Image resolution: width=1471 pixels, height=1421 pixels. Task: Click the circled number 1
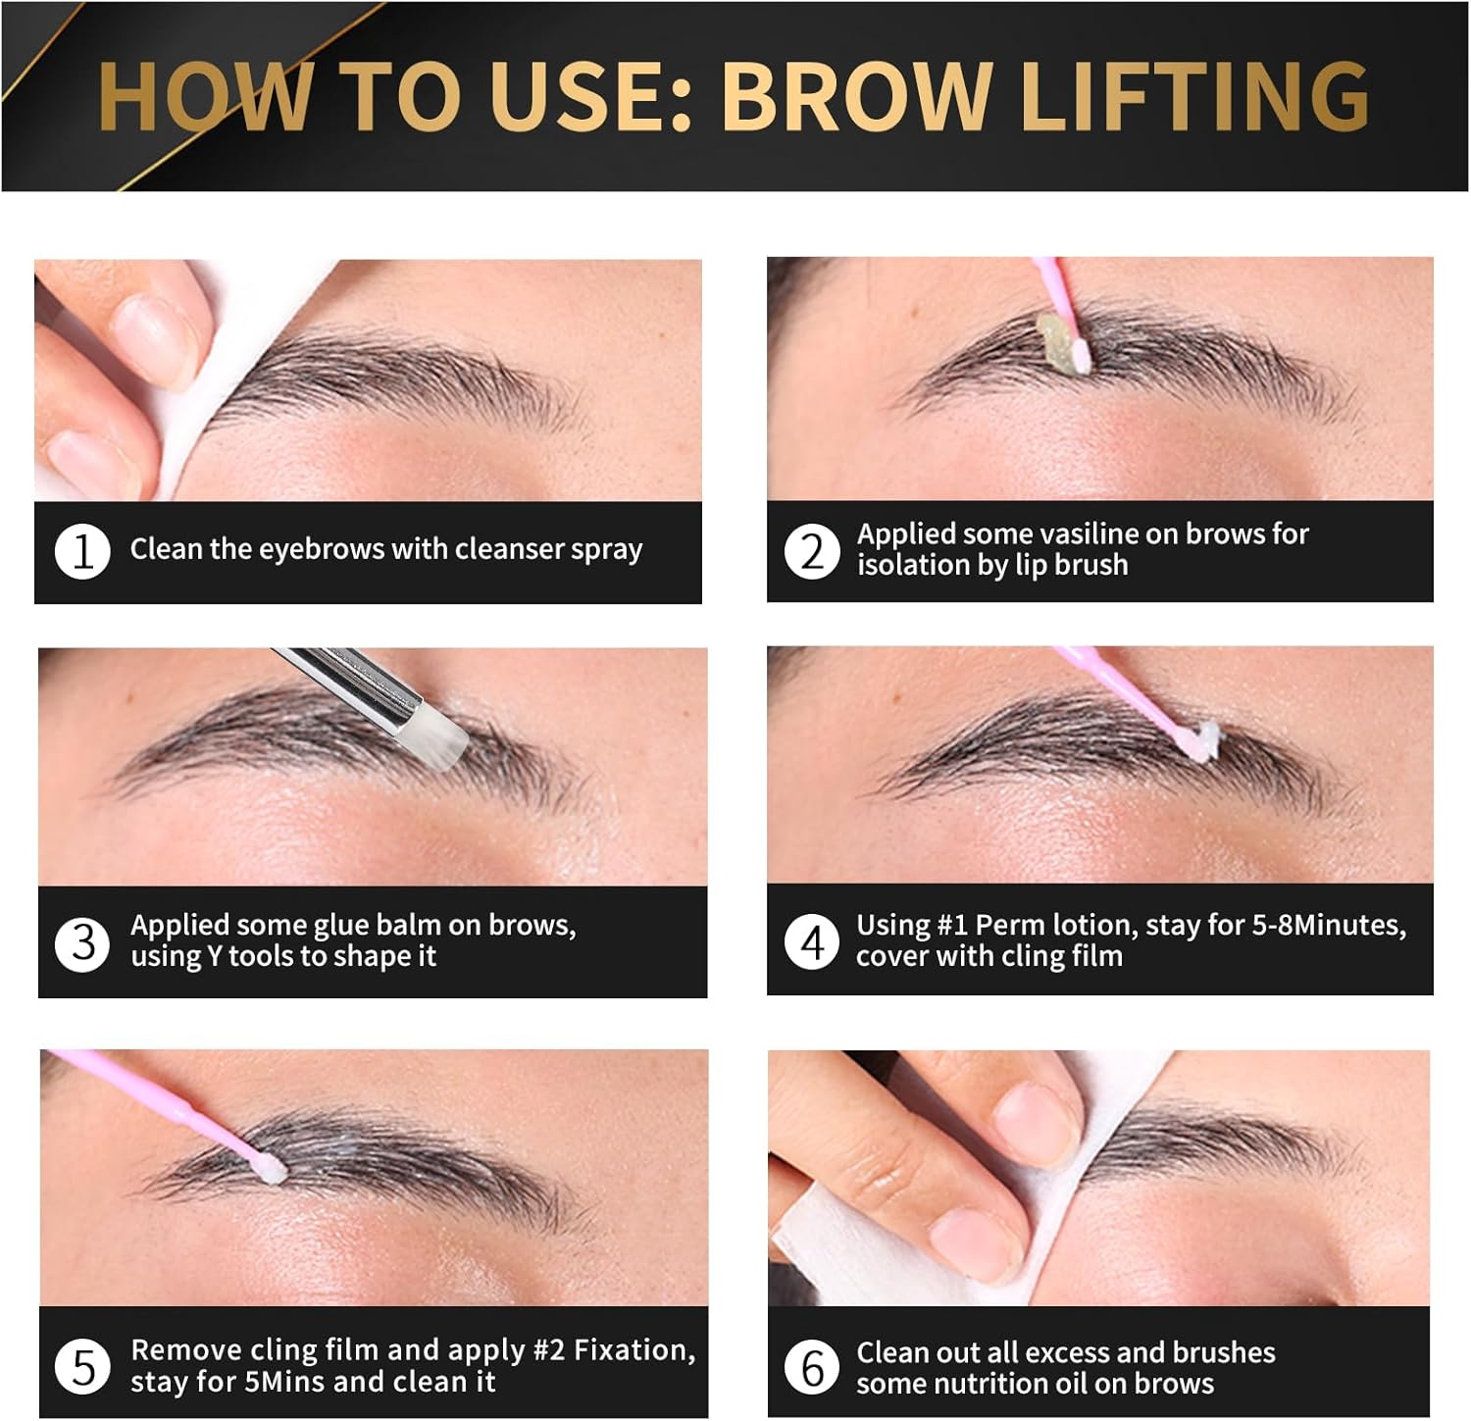tap(82, 550)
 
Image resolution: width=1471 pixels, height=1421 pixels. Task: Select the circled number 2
tap(812, 551)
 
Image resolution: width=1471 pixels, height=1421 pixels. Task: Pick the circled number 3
tap(82, 942)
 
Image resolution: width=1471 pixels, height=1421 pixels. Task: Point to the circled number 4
tap(812, 942)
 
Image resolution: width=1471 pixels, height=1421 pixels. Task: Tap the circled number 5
tap(82, 1366)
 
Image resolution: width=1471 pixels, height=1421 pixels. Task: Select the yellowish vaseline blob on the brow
tap(1057, 339)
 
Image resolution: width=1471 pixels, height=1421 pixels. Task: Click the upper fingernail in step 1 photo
tap(152, 335)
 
